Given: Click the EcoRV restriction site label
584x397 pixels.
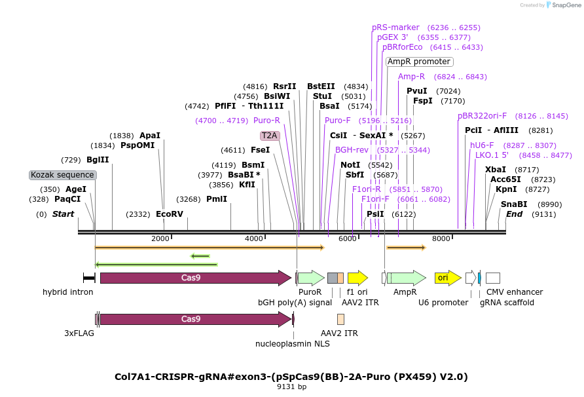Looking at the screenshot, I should (170, 214).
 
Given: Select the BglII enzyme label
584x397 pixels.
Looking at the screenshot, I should (98, 160).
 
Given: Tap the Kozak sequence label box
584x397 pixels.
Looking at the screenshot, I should (63, 175).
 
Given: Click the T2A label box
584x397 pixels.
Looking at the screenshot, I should (270, 136).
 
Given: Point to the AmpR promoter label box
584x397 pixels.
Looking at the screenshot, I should (419, 62).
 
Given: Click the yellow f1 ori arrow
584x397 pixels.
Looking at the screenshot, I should (357, 278).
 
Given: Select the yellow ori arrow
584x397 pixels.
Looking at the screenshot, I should (448, 278).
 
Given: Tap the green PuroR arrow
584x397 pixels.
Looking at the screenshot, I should (311, 278).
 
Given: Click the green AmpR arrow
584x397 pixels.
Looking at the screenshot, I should (407, 278).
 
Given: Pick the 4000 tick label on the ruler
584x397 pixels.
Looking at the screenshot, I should (253, 238).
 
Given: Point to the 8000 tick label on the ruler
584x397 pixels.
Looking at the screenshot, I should (441, 238).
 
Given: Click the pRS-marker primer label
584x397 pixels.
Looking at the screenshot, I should (395, 28).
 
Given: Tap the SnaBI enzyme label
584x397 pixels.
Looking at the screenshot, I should (514, 204).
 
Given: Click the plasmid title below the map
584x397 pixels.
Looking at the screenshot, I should (291, 377).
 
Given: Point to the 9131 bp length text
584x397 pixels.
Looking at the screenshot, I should (291, 387).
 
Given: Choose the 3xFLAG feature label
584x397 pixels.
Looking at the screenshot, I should (79, 333).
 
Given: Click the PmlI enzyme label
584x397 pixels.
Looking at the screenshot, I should (217, 199).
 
